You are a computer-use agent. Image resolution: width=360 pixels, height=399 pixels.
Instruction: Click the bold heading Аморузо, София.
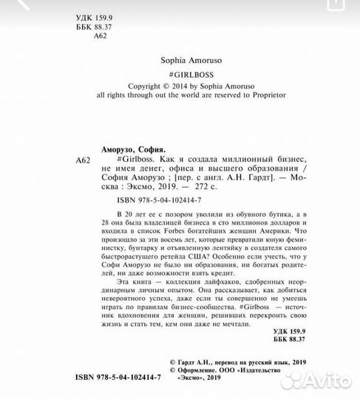[133, 148]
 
